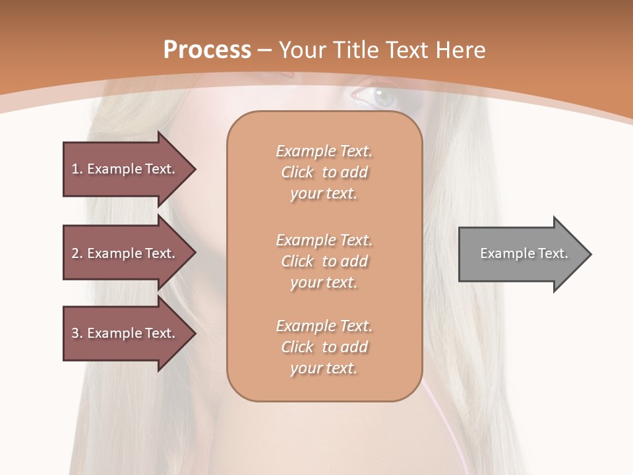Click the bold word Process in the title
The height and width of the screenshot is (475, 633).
(x=207, y=50)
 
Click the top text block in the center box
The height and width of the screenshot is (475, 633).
(x=324, y=172)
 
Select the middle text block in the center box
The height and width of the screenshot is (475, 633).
(x=324, y=261)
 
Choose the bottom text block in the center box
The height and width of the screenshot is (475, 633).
(x=324, y=347)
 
